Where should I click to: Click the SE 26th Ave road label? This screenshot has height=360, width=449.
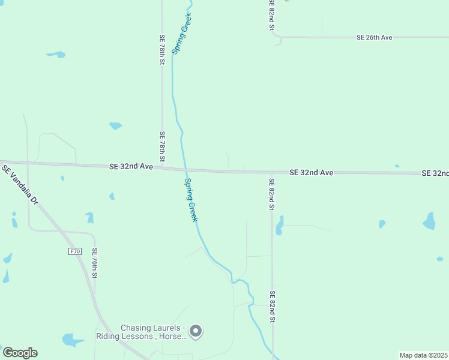click(374, 37)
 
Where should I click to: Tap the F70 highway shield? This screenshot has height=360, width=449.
click(74, 251)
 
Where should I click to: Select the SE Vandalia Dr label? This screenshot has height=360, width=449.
click(20, 185)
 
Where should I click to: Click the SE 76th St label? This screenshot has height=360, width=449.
click(94, 263)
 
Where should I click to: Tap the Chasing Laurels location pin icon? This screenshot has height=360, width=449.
click(195, 331)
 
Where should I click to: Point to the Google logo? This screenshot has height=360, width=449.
click(20, 353)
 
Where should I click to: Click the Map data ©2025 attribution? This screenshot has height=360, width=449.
click(423, 355)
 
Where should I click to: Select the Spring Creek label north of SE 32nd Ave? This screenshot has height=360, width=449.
click(182, 35)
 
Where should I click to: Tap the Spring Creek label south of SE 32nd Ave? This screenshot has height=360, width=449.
click(191, 200)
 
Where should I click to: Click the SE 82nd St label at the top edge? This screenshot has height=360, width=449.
click(271, 15)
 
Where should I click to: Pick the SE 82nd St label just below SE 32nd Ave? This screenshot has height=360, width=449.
click(271, 194)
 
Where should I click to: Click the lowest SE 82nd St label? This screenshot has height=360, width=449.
click(272, 307)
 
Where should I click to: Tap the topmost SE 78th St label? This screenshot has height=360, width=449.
click(162, 49)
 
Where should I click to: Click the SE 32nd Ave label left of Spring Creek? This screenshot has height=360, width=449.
click(131, 166)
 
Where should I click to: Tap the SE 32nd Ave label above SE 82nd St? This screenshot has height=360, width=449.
click(311, 172)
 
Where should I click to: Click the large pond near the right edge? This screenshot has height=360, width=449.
click(429, 221)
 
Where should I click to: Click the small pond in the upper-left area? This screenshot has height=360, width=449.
click(56, 55)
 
